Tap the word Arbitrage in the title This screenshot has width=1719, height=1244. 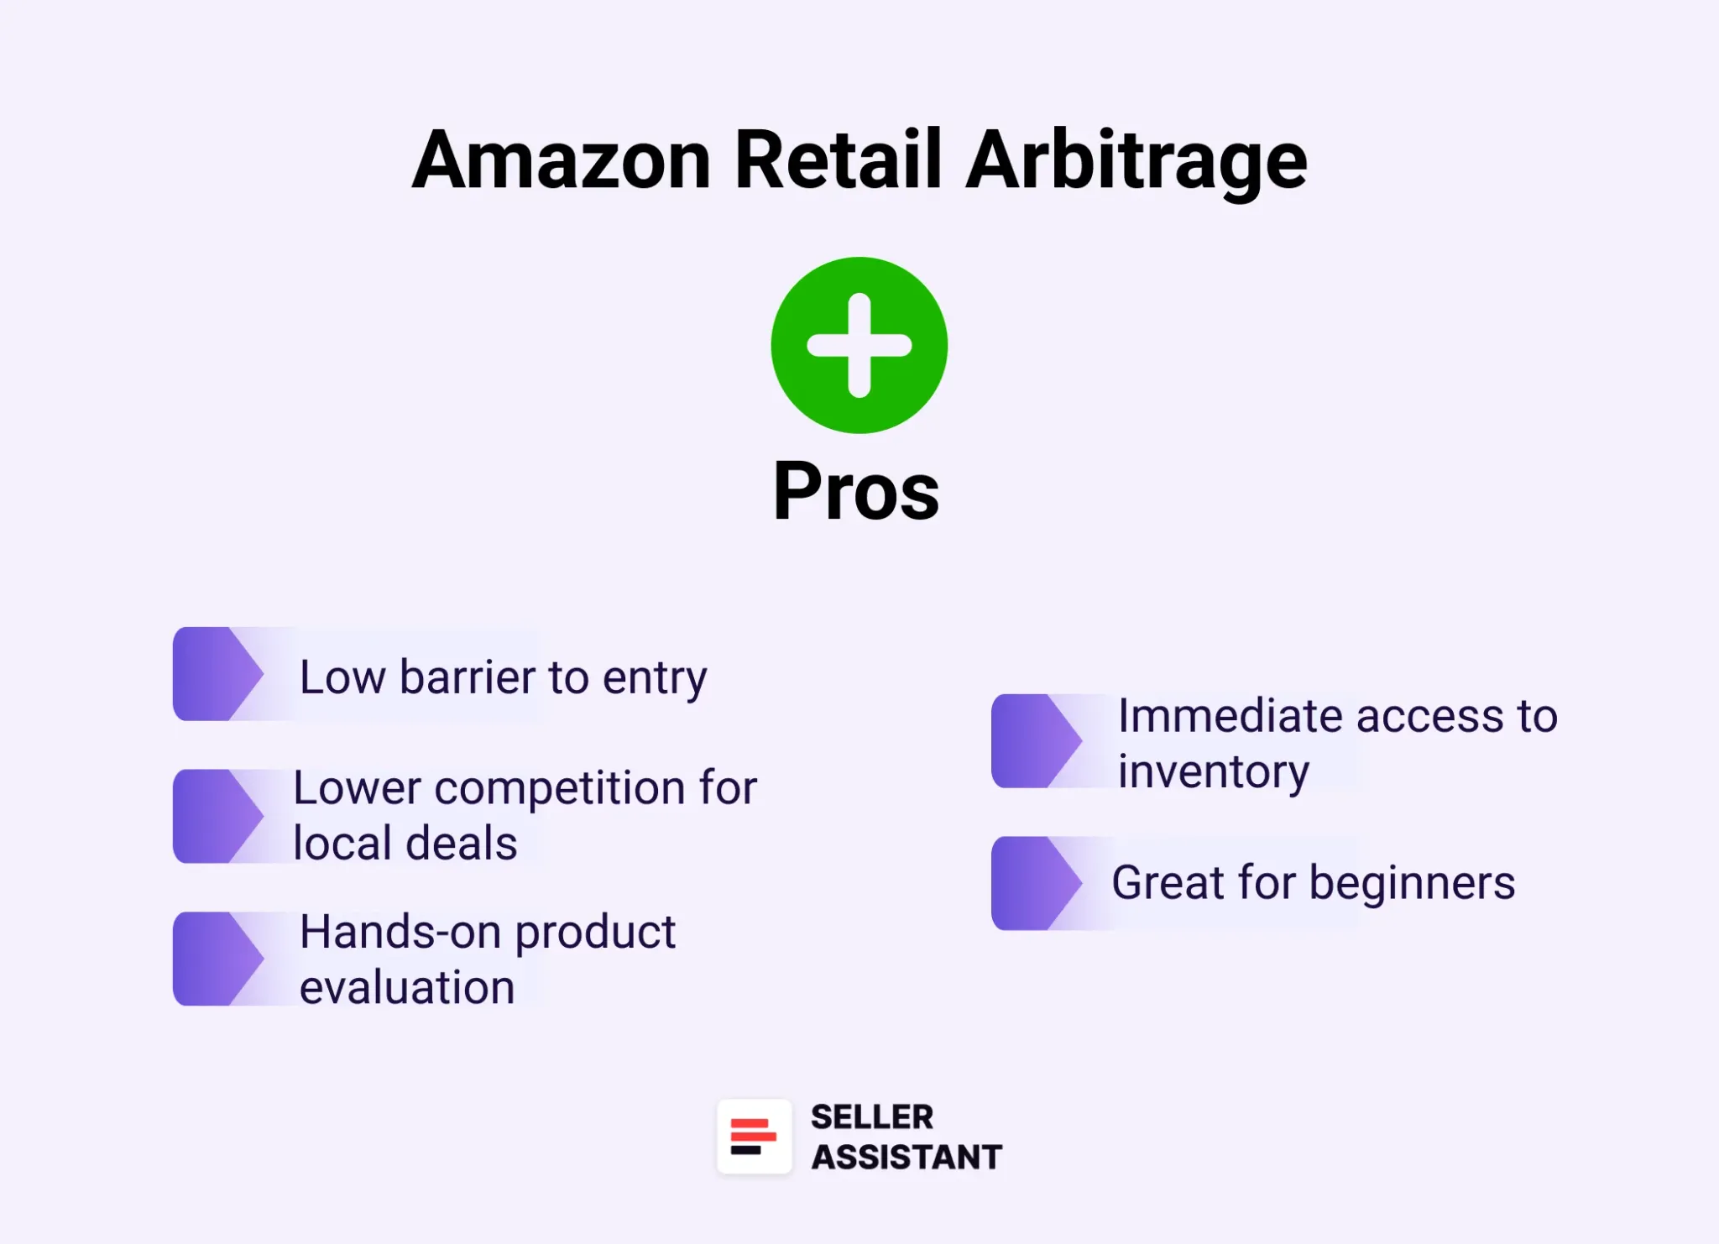coord(1136,161)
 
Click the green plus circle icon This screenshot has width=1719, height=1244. coord(859,345)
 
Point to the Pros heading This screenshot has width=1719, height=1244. coord(856,491)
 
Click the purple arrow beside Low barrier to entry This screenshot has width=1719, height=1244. coord(217,674)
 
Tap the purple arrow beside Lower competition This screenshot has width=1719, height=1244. coord(217,816)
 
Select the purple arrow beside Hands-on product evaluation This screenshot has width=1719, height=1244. coord(217,959)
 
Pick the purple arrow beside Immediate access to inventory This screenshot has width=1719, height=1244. coord(1035,740)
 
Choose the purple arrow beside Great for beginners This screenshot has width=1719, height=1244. coord(1035,883)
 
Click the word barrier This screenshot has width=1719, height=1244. coord(467,677)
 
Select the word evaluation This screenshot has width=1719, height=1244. coord(407,987)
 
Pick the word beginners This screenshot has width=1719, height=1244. coord(1412,883)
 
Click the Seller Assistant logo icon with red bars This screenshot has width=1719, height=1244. coord(754,1137)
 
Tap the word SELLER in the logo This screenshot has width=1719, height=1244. coord(871,1117)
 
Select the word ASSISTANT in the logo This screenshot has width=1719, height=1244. coord(907,1158)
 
